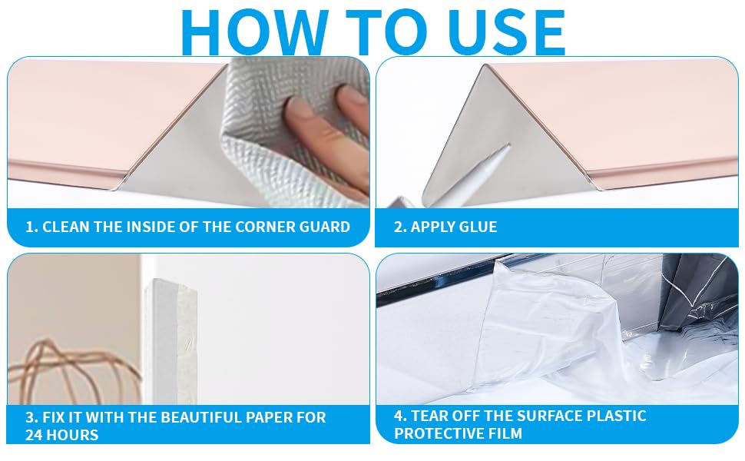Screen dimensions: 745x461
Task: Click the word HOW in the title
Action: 255,32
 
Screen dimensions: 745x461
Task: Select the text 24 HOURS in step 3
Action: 61,435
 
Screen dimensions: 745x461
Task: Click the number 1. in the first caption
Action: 31,227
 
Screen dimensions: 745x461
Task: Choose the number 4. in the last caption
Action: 400,416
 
